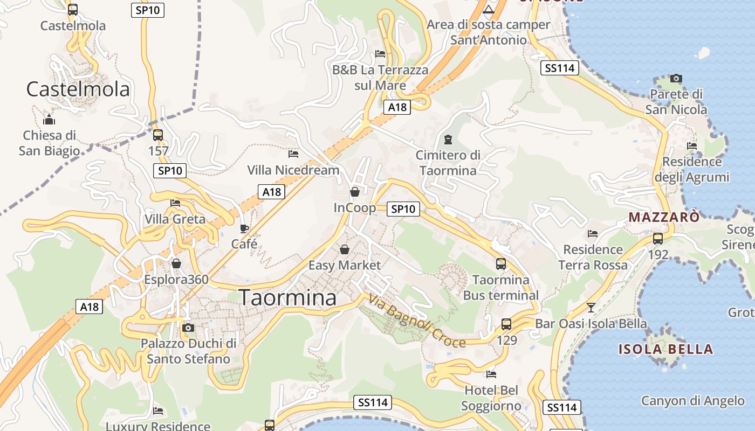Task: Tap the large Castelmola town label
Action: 78,89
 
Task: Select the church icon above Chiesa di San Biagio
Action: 49,120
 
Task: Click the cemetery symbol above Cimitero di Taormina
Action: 447,140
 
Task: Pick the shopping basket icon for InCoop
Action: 355,192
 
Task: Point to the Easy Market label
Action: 345,265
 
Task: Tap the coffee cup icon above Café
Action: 244,228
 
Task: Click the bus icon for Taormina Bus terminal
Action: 501,264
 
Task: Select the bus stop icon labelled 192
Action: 658,239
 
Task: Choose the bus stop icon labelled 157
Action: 158,135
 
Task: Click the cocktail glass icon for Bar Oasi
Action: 591,308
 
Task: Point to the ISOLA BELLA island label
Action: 665,349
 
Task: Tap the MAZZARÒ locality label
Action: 664,217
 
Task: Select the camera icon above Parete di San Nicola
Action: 676,79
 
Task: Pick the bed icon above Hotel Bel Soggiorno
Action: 491,374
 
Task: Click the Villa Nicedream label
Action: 293,170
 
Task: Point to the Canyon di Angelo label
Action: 692,401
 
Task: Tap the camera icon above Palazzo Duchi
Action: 188,328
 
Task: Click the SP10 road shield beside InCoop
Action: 403,209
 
